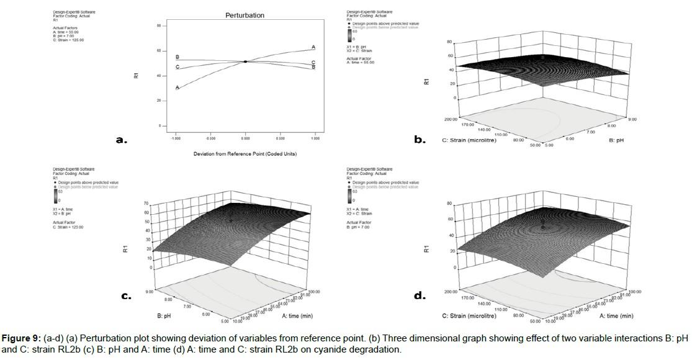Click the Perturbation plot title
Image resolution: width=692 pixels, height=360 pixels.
click(x=246, y=15)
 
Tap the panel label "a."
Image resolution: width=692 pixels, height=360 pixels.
click(x=122, y=140)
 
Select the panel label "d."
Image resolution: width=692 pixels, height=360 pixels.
click(x=420, y=296)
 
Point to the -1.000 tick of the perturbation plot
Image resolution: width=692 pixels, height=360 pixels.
click(x=177, y=140)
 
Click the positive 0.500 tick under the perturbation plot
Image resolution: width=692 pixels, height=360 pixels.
click(x=281, y=140)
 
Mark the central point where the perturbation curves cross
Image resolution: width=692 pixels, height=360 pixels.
click(x=246, y=61)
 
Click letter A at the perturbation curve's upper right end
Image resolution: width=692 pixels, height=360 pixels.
click(x=313, y=47)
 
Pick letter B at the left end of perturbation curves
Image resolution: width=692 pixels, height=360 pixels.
click(x=177, y=57)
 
